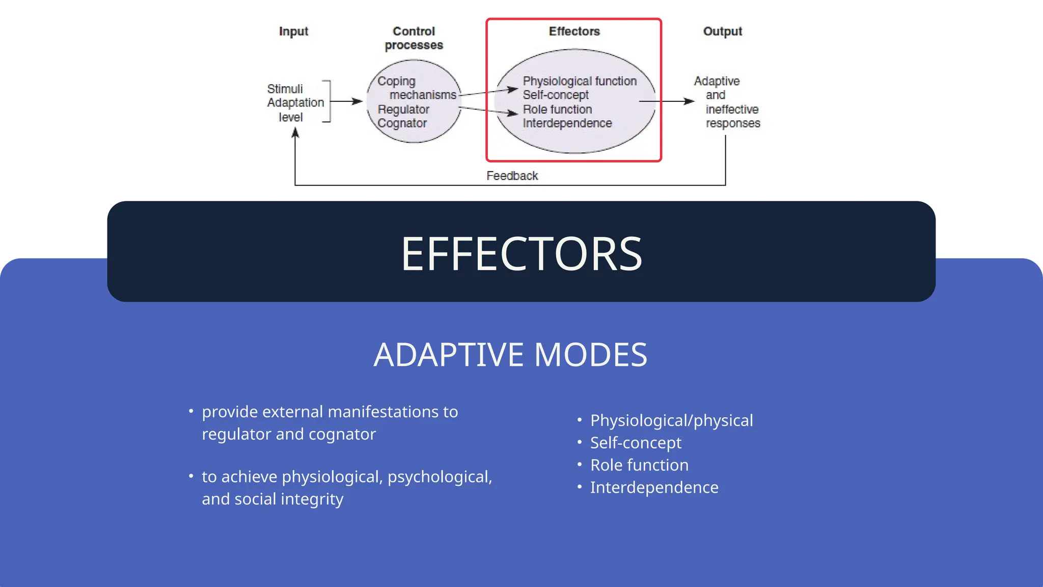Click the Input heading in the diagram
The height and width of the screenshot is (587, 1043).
point(293,32)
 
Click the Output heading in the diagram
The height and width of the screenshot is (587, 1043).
point(722,32)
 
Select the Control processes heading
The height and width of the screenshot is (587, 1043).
point(414,38)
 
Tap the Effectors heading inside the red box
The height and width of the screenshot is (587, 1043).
point(574,32)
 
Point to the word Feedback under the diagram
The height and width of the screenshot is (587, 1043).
point(512,176)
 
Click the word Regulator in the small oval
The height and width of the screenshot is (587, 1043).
point(403,110)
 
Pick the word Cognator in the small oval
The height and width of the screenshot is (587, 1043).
point(402,123)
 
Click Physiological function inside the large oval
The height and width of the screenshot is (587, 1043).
point(580,82)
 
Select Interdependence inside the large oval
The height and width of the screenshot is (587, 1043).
point(567,123)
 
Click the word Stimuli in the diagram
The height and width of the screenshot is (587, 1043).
point(285,89)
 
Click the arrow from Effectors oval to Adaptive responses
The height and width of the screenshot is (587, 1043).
point(667,101)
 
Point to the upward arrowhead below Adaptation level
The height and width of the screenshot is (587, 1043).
point(295,134)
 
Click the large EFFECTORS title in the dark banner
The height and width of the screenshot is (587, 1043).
point(521,254)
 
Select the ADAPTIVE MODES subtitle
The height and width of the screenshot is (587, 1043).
point(510,355)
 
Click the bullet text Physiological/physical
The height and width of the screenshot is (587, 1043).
point(671,421)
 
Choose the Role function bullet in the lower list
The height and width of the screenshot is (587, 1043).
point(639,465)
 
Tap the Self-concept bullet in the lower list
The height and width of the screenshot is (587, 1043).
point(636,443)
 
